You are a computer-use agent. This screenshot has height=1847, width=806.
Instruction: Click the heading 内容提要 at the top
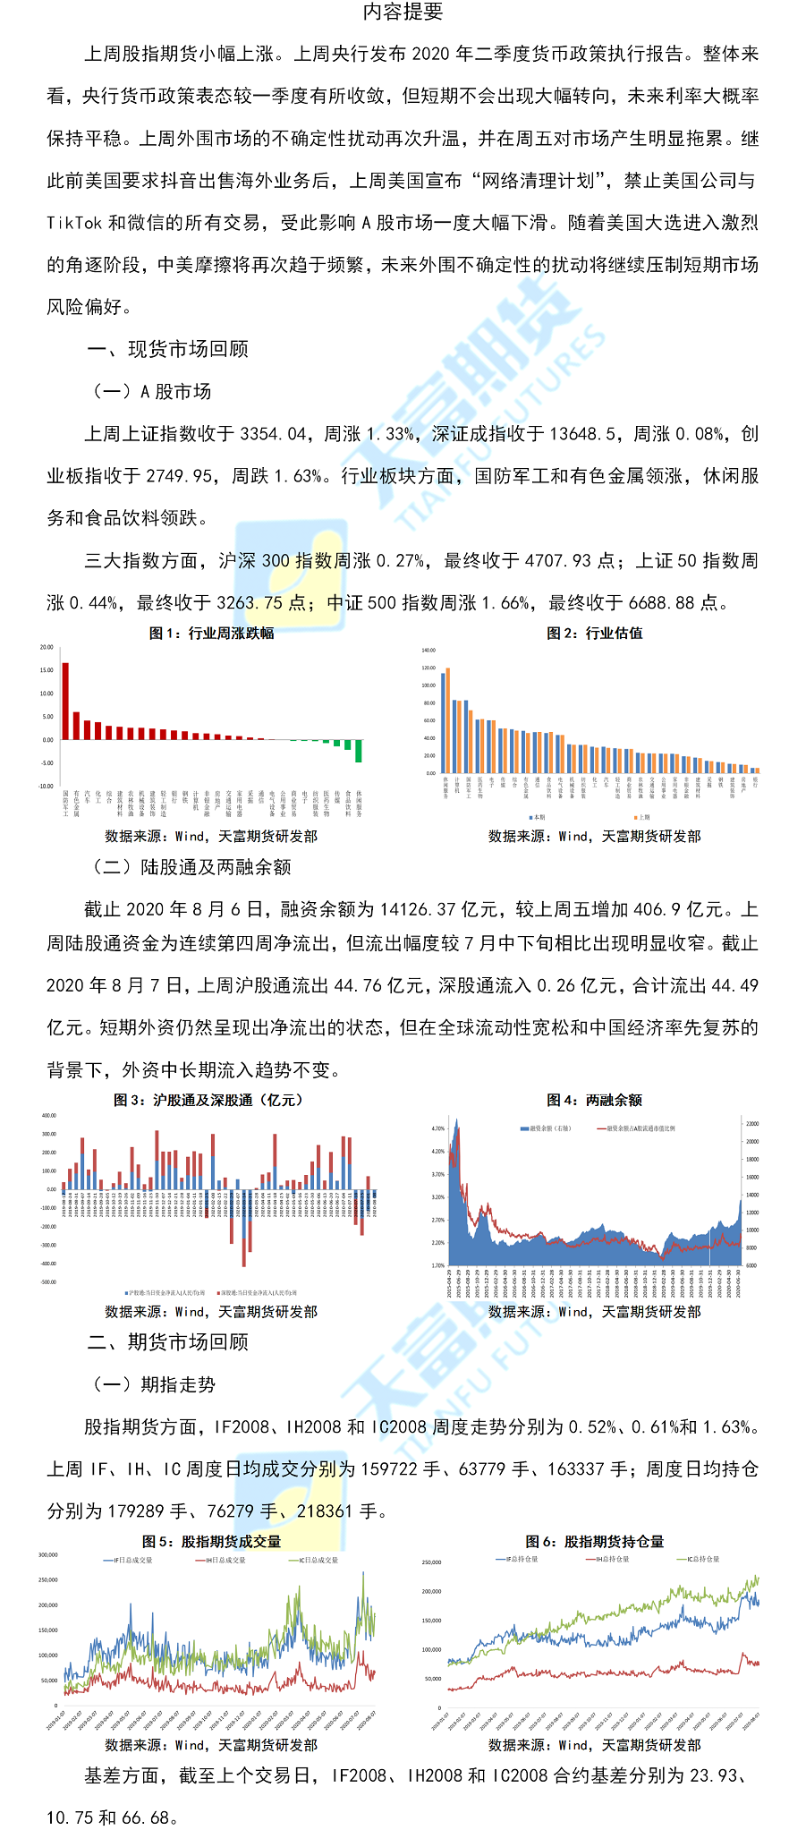point(403,12)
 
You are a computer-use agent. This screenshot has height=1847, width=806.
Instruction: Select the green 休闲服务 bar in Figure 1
point(359,751)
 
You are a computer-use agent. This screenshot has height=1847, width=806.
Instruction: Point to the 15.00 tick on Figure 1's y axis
point(47,670)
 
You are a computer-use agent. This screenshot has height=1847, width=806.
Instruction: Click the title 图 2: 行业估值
point(595,633)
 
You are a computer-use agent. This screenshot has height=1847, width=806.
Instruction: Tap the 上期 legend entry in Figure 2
point(642,817)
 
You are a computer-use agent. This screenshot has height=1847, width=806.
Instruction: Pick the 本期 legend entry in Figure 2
point(538,817)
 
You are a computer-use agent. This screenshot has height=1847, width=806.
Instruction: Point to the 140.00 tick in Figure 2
point(428,651)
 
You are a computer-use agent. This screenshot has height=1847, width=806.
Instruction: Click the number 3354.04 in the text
point(274,434)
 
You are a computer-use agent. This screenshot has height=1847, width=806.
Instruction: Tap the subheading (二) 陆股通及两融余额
point(191,866)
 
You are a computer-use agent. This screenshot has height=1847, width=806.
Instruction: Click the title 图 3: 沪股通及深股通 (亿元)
point(210,1100)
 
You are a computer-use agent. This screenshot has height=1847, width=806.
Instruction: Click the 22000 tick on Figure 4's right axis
point(752,1123)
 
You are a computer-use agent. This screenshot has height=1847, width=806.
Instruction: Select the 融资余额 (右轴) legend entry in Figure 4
point(547,1128)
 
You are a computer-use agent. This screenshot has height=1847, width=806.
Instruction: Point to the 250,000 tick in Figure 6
point(431,1562)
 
